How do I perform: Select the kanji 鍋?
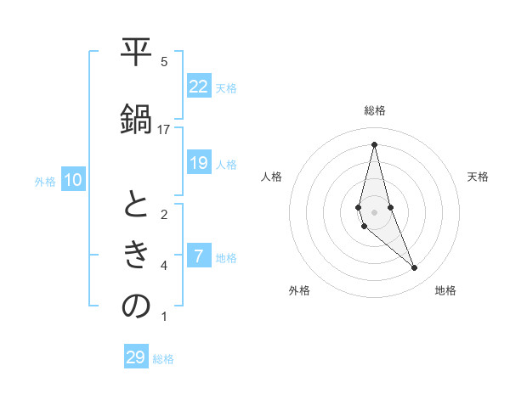pyautogui.click(x=136, y=121)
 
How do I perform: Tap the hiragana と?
pyautogui.click(x=136, y=205)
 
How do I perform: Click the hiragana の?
pyautogui.click(x=136, y=307)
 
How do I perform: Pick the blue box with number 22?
pyautogui.click(x=199, y=86)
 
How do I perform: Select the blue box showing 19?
pyautogui.click(x=199, y=163)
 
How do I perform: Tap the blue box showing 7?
pyautogui.click(x=199, y=256)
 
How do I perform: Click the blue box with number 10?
pyautogui.click(x=73, y=180)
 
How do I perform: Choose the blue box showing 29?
pyautogui.click(x=136, y=357)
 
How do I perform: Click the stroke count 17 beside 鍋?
pyautogui.click(x=164, y=129)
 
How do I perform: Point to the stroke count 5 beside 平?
pyautogui.click(x=164, y=61)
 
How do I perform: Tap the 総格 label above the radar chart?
pyautogui.click(x=374, y=110)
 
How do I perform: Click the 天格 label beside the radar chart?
pyautogui.click(x=478, y=177)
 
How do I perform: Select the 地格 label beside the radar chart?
pyautogui.click(x=445, y=290)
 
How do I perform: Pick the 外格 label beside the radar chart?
pyautogui.click(x=299, y=290)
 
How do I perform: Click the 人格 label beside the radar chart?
pyautogui.click(x=271, y=177)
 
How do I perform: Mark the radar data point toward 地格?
pyautogui.click(x=415, y=268)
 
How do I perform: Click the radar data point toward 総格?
pyautogui.click(x=374, y=144)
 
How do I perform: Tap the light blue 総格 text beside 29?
pyautogui.click(x=163, y=359)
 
